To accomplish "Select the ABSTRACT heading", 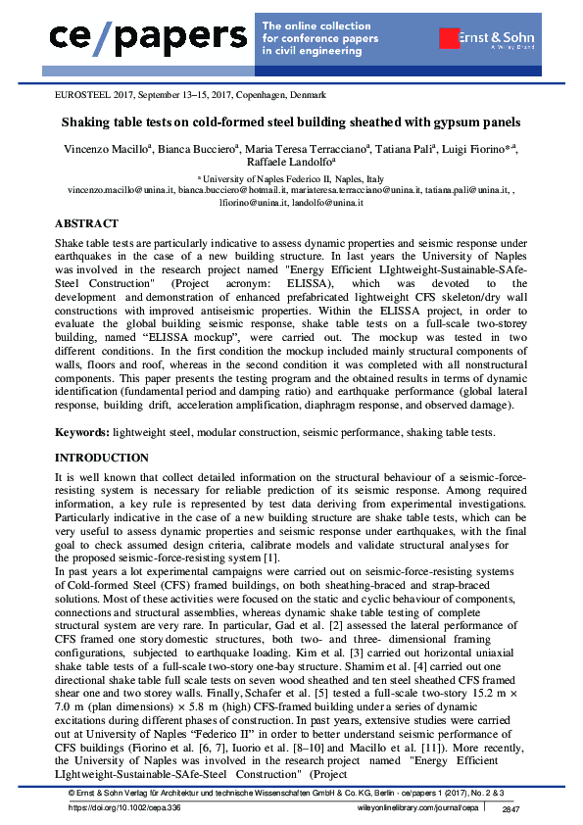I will (x=87, y=224).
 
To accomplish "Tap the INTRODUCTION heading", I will (x=101, y=458).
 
